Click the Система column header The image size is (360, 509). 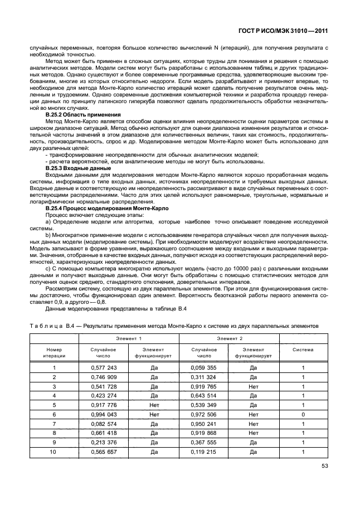tap(303, 350)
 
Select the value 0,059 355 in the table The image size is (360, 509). tap(204, 368)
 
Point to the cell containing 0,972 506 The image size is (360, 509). tap(204, 415)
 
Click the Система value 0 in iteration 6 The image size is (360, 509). tap(303, 415)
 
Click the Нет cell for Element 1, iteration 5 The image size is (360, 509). tap(154, 406)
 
